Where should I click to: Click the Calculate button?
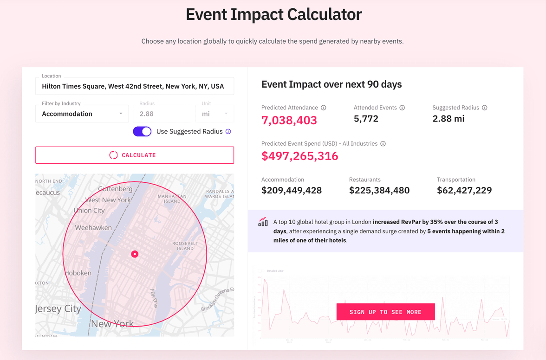tap(135, 155)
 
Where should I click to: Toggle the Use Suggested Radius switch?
tap(142, 131)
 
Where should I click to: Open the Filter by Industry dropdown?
tap(82, 114)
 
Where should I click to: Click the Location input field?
tap(135, 86)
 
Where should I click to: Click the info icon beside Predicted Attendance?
tap(324, 108)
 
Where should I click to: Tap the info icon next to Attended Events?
tap(402, 108)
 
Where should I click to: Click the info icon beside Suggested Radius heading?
tap(484, 108)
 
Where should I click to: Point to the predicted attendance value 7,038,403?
tap(289, 121)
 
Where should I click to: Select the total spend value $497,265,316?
tap(299, 156)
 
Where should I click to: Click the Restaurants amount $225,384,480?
tap(379, 190)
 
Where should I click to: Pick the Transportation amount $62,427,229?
tap(464, 190)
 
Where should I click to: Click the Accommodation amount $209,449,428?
tap(292, 190)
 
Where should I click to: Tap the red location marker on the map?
tap(135, 254)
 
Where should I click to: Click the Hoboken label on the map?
tap(78, 273)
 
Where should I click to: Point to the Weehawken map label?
tap(93, 228)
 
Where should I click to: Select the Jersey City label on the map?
tap(58, 309)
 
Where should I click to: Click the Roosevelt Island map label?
tap(185, 246)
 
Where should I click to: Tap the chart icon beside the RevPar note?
tap(263, 222)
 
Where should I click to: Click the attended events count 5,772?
tap(366, 119)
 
